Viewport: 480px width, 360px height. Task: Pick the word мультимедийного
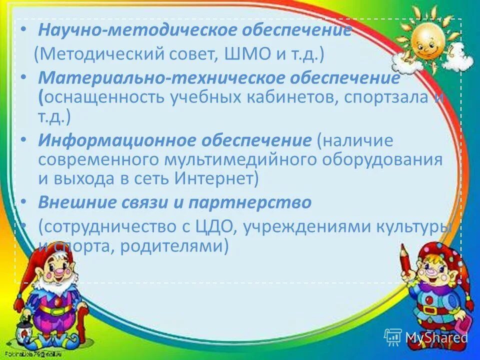240,160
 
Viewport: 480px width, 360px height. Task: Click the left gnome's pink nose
59,273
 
